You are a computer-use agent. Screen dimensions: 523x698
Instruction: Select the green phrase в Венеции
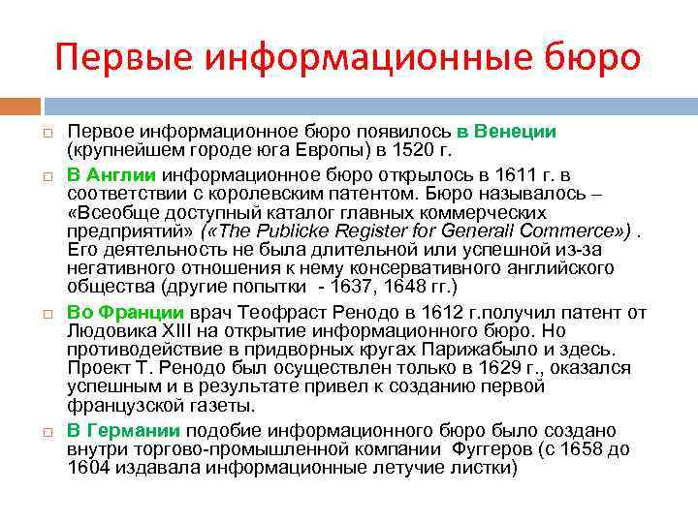tap(507, 131)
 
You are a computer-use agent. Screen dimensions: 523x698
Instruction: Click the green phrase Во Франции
tap(125, 312)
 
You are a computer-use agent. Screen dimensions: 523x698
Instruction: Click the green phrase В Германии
tap(123, 430)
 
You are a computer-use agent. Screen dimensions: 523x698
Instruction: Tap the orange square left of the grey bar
tap(23, 103)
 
